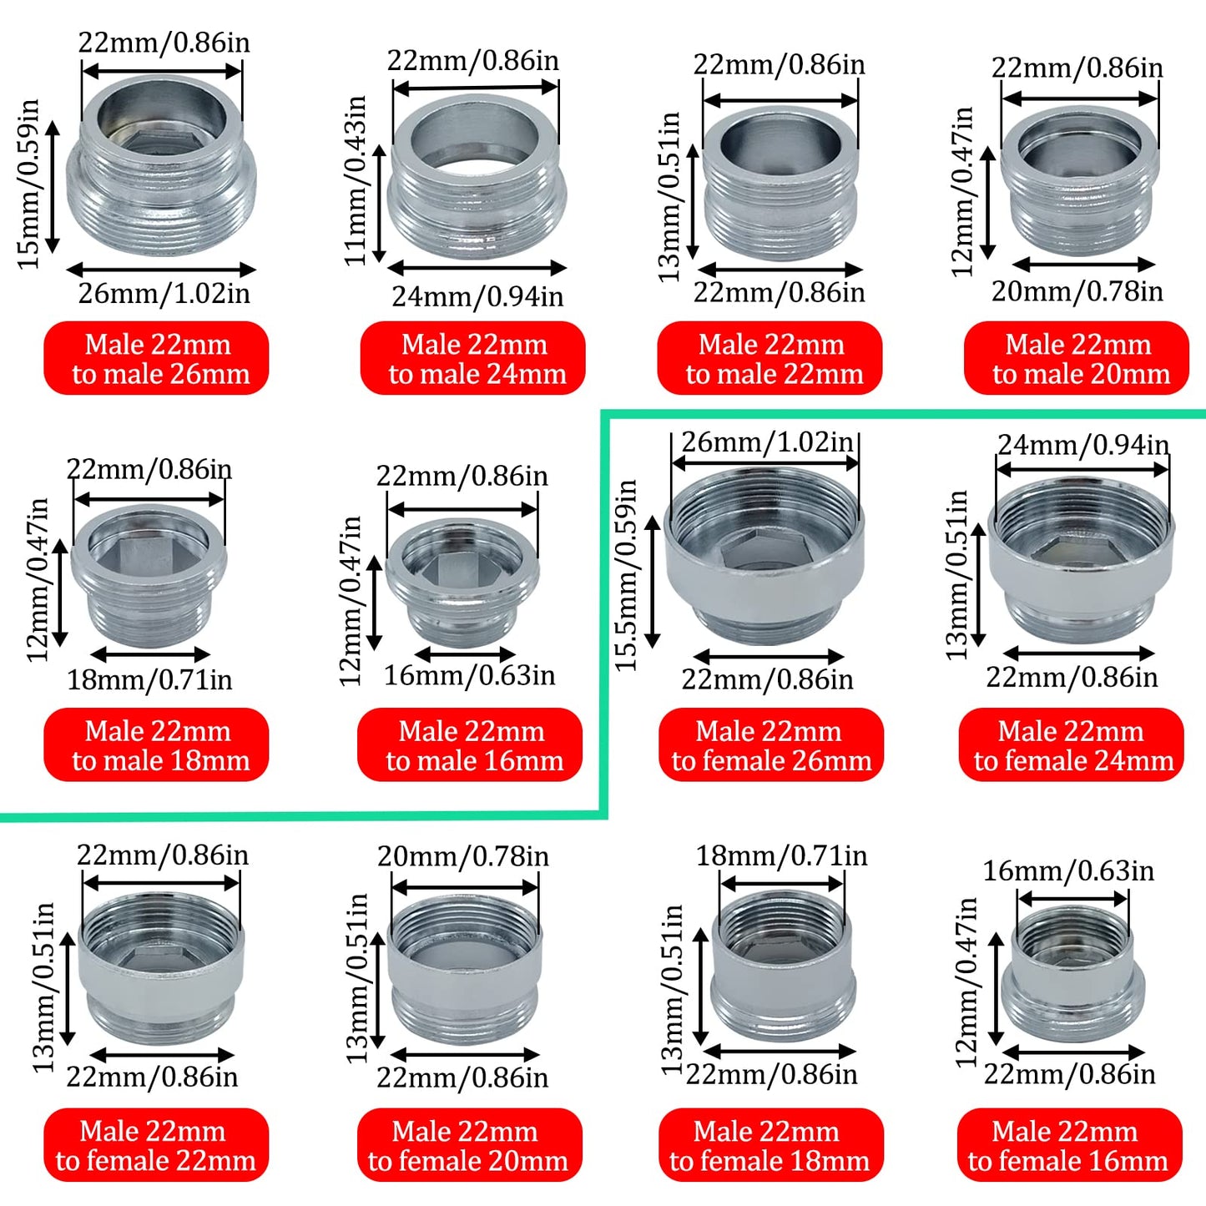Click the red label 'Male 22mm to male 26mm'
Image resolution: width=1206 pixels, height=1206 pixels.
click(156, 358)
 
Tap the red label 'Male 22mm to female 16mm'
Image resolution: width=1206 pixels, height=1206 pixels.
click(1069, 1145)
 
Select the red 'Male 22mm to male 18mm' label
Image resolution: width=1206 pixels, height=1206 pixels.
click(156, 744)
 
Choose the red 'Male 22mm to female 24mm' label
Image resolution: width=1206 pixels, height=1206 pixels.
click(1072, 744)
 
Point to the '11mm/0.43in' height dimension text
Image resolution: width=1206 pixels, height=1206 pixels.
click(356, 179)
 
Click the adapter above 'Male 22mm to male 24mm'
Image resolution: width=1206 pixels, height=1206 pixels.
click(477, 179)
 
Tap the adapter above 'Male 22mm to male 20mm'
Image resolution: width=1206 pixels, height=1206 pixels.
click(1079, 179)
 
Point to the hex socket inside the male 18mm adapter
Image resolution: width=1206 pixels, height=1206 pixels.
click(147, 555)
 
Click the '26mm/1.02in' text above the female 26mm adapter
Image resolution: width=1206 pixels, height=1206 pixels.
click(767, 442)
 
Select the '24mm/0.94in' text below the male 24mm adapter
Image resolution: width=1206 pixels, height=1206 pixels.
click(477, 296)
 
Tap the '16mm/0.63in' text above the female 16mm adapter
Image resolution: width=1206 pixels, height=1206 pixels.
click(1068, 871)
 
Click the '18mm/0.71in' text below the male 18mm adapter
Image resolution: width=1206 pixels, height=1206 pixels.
click(149, 680)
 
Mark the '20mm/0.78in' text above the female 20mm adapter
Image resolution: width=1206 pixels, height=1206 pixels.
click(463, 856)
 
